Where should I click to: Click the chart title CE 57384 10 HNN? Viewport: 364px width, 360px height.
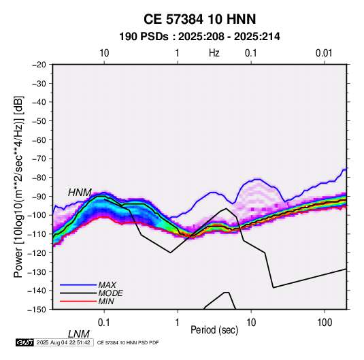199,19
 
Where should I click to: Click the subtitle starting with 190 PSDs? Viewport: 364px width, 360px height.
199,37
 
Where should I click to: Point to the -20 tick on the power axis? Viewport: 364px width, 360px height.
39,65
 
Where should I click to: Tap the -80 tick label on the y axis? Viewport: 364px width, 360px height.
39,178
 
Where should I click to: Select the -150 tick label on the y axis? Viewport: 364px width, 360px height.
37,310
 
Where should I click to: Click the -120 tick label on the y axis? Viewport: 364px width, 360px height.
37,252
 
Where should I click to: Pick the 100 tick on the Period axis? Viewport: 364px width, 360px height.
325,323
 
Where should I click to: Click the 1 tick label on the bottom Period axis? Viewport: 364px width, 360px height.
178,323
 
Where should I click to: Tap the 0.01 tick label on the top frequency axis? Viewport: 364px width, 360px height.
324,53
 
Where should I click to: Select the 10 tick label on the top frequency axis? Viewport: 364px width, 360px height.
104,53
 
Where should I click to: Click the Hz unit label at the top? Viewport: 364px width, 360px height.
214,53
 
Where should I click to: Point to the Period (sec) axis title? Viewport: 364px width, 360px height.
214,330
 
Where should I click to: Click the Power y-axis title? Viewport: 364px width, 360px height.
18,186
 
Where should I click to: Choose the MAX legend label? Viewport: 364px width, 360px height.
107,285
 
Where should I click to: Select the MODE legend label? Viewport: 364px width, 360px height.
110,293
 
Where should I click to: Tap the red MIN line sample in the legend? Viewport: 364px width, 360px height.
78,301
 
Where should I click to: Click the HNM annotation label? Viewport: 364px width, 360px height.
80,193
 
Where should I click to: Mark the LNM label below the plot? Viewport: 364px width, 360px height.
79,334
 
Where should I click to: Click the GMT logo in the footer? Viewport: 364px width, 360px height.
24,342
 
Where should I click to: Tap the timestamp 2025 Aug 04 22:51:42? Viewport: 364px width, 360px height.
63,342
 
